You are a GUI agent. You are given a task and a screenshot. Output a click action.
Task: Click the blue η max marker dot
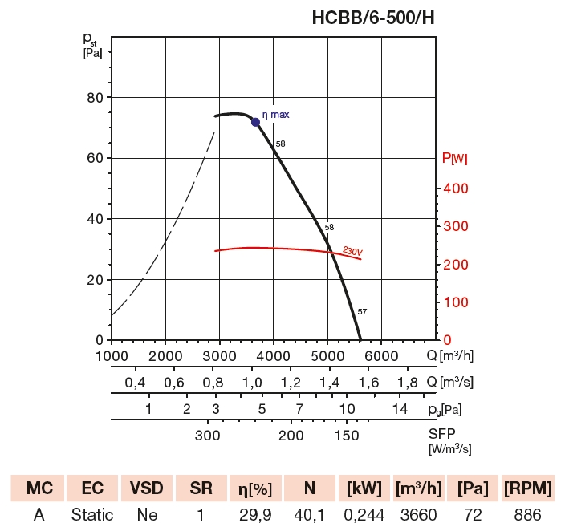tap(256, 122)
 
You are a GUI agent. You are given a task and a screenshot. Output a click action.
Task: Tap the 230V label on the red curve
tap(352, 250)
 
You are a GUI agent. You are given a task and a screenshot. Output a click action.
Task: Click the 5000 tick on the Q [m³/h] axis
tap(327, 356)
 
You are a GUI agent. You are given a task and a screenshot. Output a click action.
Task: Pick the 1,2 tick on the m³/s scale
tap(291, 383)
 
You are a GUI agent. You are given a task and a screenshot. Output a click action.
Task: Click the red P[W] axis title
tap(455, 159)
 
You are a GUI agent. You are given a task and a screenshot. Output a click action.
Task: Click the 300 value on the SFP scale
tap(207, 436)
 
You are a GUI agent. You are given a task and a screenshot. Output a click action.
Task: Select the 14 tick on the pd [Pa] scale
tap(400, 409)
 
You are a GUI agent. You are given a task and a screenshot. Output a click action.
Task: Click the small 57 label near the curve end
tap(362, 311)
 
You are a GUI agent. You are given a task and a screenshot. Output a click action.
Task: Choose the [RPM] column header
tap(527, 488)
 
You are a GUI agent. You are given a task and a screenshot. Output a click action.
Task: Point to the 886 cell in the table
tap(527, 514)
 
